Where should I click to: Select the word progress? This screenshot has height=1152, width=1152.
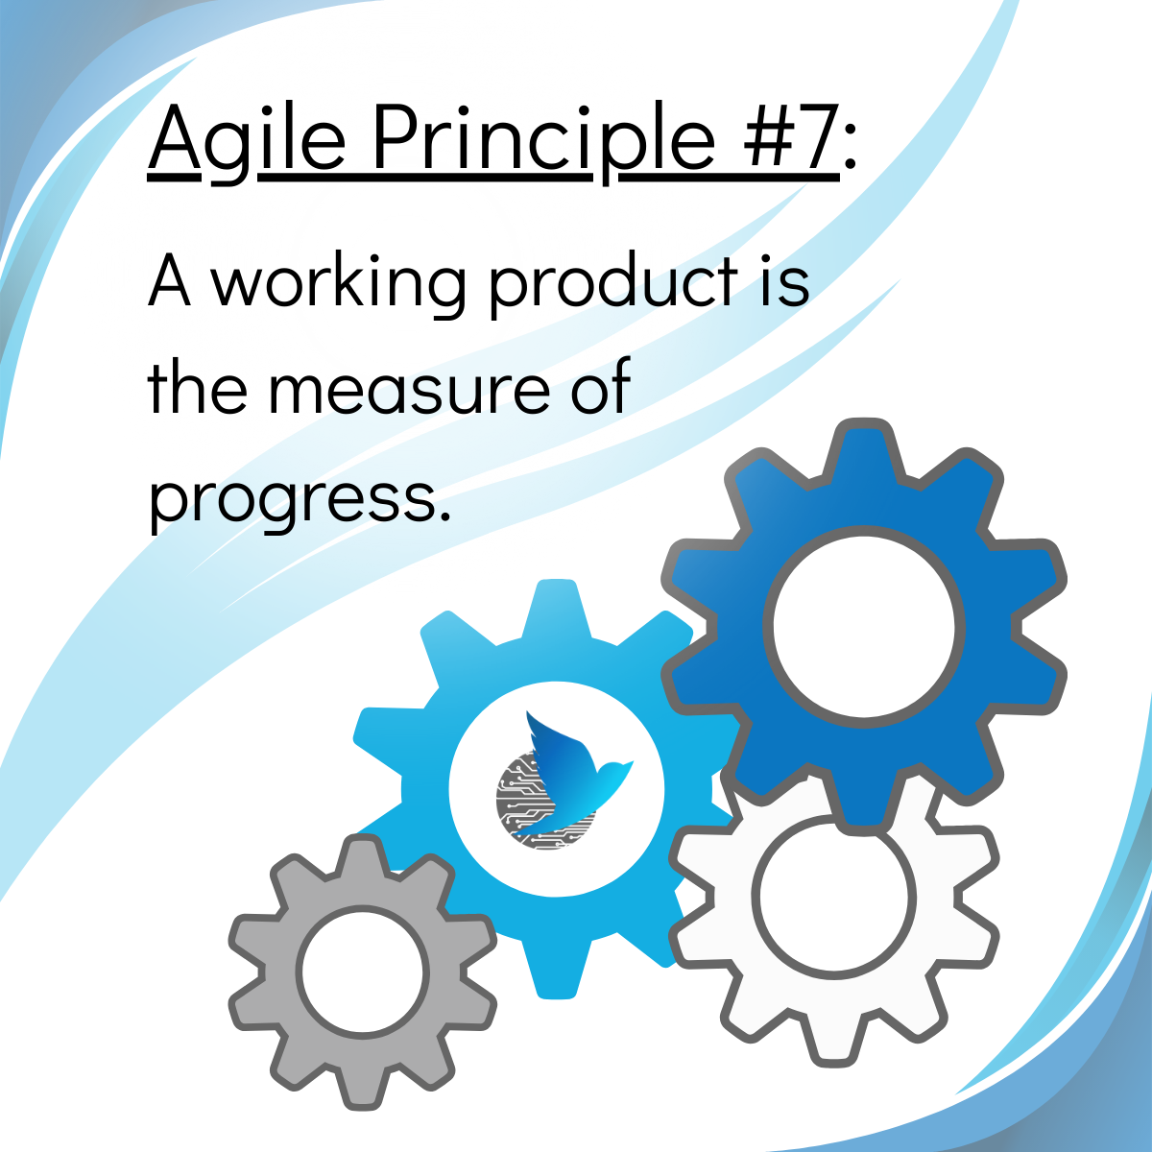299,500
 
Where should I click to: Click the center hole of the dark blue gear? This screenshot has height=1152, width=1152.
863,625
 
